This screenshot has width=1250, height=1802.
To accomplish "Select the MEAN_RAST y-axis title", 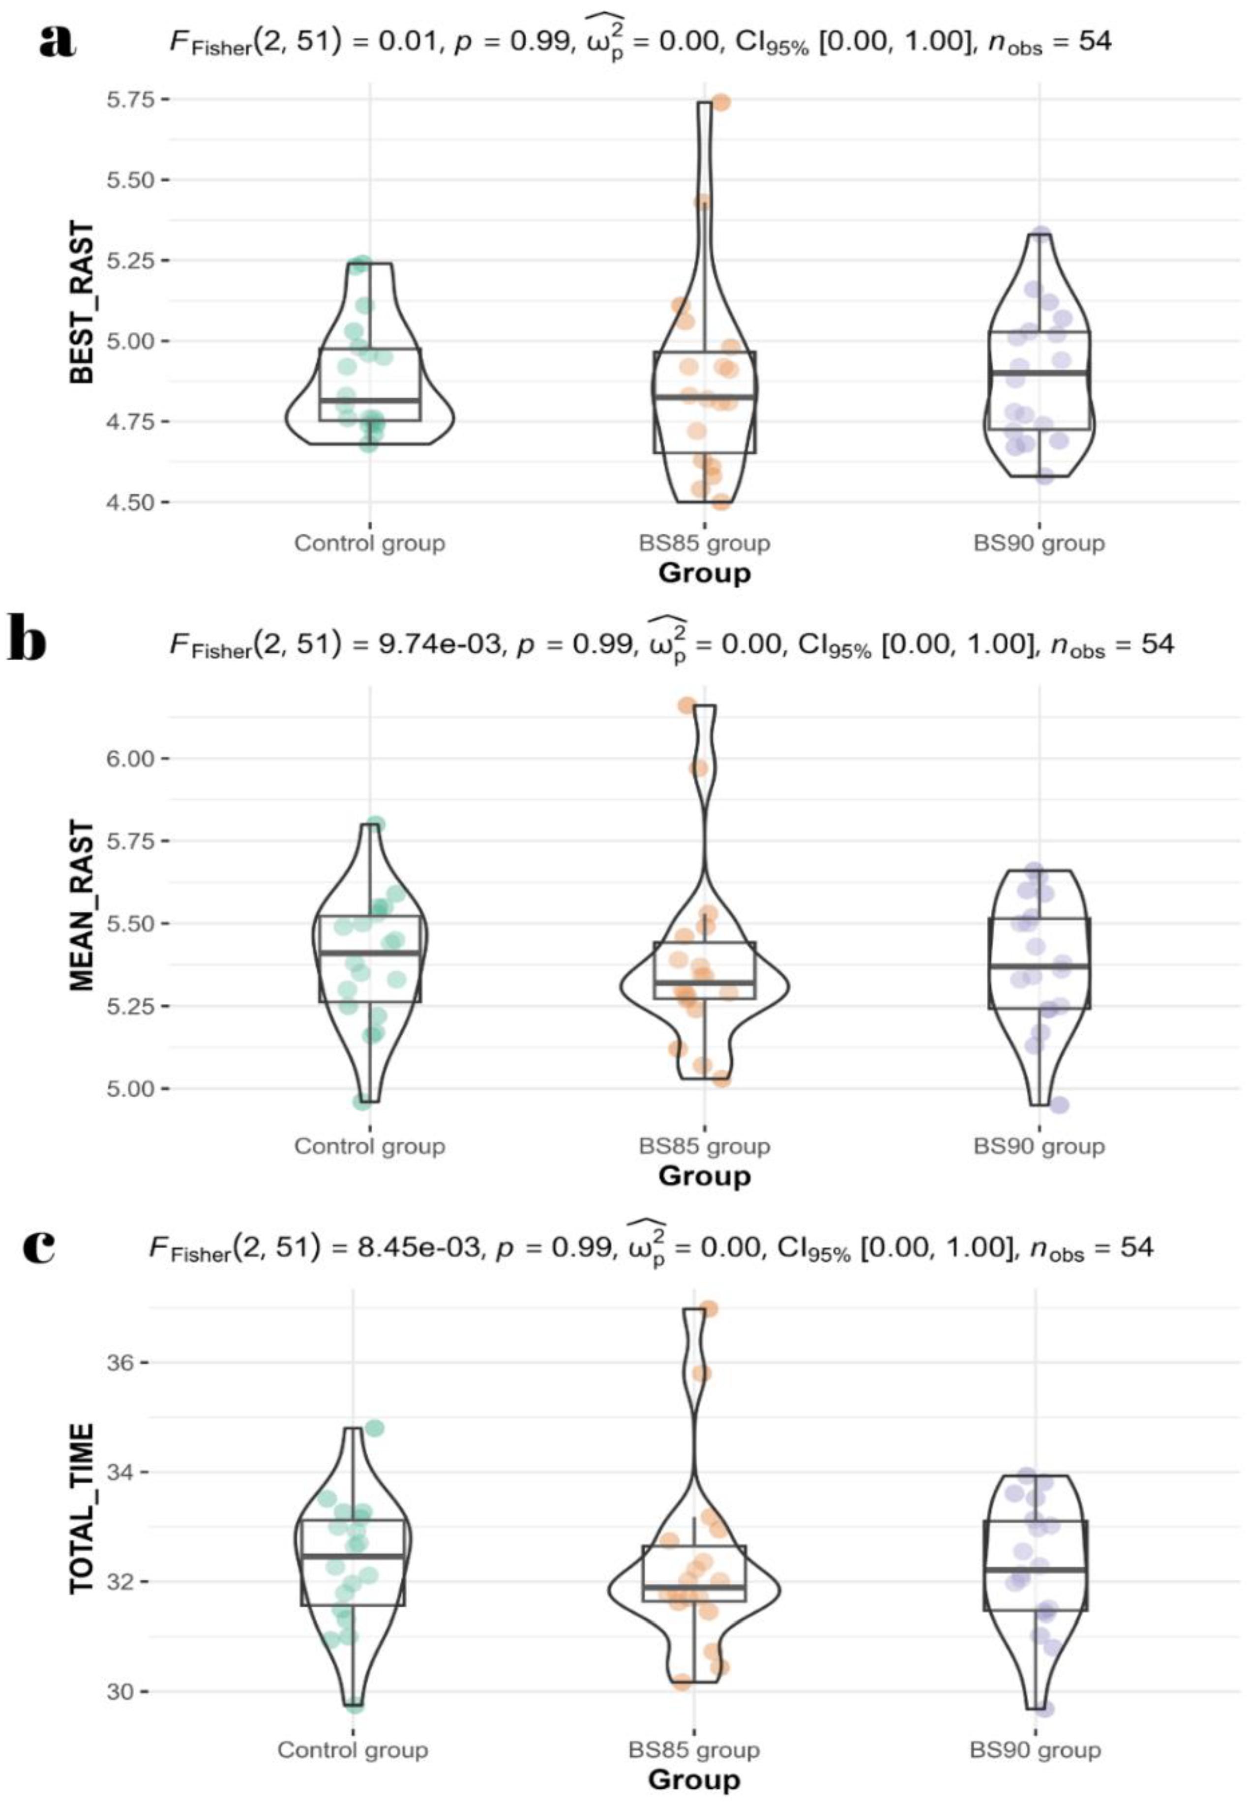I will pos(82,906).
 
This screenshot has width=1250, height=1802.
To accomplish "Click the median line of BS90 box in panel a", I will pos(1040,373).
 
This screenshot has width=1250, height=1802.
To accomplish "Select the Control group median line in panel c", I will pos(353,1556).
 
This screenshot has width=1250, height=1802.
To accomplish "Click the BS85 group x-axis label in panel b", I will pos(704,1146).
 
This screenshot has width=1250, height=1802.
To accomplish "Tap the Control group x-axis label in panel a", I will pos(370,543).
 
